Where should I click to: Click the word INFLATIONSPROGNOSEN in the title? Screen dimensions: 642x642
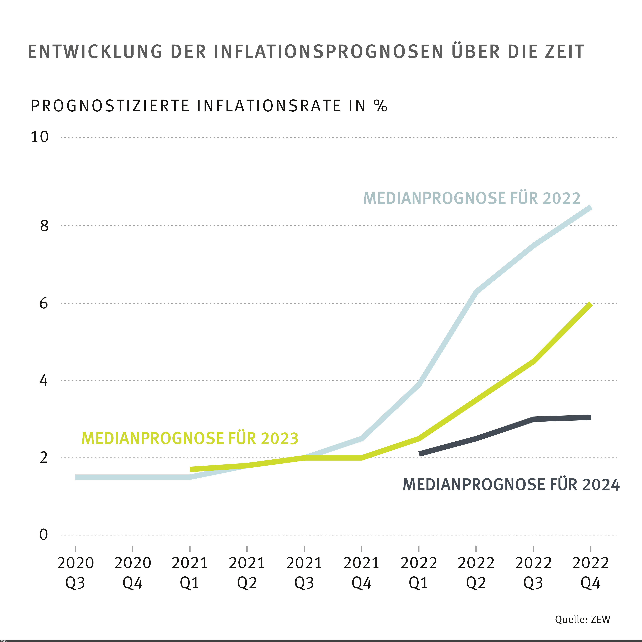(328, 52)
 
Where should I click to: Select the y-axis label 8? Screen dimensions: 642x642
(44, 226)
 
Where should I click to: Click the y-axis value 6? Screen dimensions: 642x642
(44, 303)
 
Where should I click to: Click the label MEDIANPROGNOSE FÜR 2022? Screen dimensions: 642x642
(472, 198)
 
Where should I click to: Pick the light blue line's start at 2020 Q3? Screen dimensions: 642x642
(76, 477)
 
